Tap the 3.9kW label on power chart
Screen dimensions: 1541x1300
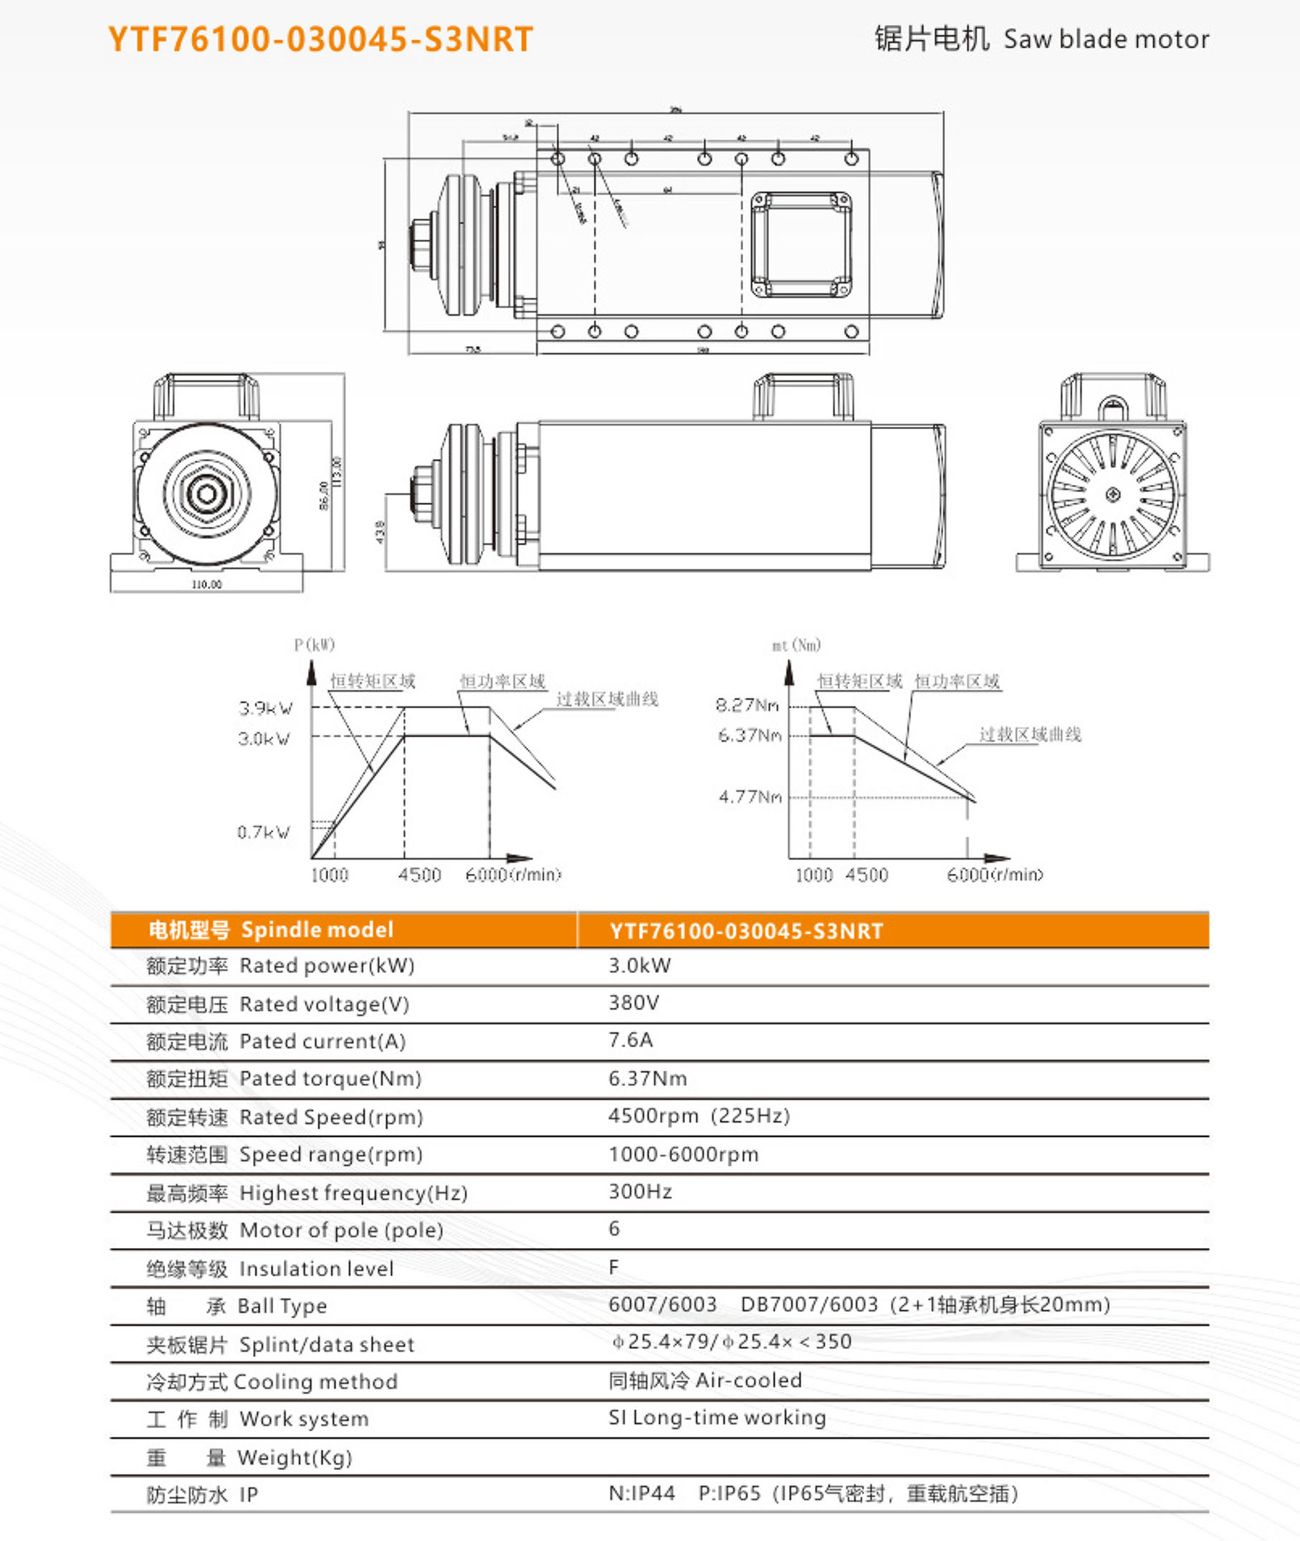pos(265,709)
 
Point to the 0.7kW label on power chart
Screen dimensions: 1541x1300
pos(263,832)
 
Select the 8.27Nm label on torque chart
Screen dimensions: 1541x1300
pos(747,706)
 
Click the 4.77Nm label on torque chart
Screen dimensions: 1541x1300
pos(750,797)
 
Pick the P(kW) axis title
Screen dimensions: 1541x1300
pos(315,645)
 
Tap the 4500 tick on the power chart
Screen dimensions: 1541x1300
pos(419,875)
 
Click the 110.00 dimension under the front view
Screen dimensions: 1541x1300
pos(206,584)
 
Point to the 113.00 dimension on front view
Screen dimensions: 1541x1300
pos(338,471)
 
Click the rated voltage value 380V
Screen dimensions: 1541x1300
pos(633,1002)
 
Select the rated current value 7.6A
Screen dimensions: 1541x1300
pos(630,1040)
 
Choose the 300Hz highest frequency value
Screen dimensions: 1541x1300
pos(640,1191)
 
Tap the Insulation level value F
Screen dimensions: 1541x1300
pos(613,1267)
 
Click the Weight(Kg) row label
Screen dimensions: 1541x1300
pos(294,1457)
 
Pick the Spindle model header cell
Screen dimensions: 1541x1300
pos(317,930)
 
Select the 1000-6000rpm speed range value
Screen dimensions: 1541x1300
pos(683,1154)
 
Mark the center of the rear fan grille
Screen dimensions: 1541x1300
pos(1113,494)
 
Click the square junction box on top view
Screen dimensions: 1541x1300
pos(801,244)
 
